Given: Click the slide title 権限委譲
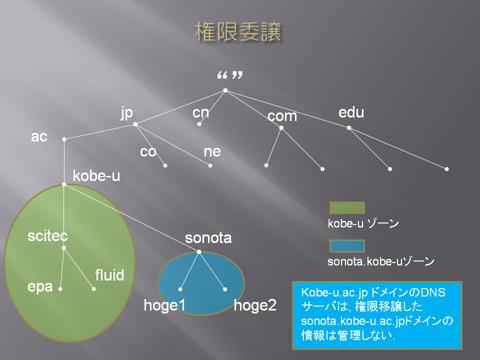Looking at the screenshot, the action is (238, 31).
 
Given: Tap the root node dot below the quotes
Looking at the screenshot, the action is (225, 90).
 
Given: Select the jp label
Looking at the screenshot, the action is (126, 113).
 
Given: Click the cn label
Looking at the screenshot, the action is (201, 112).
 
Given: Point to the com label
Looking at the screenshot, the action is (282, 116).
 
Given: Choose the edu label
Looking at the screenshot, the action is (351, 112).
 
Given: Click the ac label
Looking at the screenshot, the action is (39, 136).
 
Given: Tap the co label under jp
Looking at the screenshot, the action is (148, 152).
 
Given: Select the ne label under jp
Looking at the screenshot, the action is (212, 151).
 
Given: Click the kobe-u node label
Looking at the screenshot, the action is (96, 175).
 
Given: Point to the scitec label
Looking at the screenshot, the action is (47, 236).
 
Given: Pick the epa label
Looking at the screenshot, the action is (40, 287).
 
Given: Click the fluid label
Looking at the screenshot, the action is (109, 275).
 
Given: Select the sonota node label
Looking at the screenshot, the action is (208, 238).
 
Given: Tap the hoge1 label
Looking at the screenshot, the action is (164, 305).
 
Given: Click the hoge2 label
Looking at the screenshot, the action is (255, 305).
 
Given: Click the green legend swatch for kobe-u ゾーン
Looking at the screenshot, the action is (347, 208).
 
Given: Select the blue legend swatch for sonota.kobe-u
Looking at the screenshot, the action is (347, 246).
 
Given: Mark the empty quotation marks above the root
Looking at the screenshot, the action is (230, 75).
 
